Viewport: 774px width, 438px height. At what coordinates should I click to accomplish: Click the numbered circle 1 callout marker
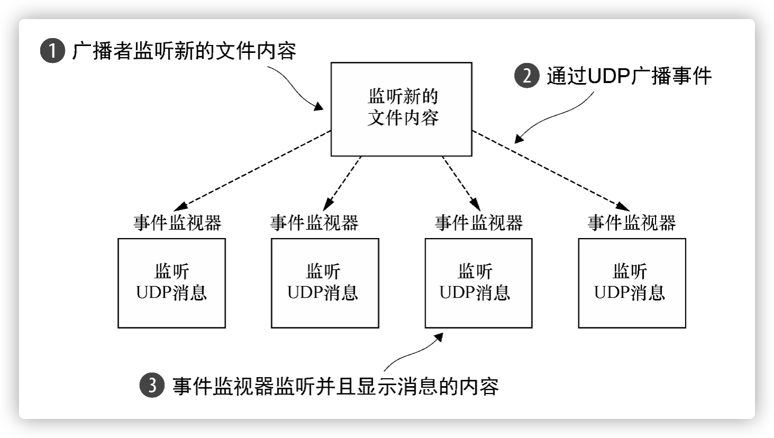point(52,52)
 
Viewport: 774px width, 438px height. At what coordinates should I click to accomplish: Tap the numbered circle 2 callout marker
point(526,76)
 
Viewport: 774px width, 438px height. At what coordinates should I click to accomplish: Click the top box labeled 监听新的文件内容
point(401,109)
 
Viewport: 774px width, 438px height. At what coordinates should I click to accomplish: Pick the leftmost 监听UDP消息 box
point(171,283)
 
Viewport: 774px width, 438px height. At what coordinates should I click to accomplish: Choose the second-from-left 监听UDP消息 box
point(325,283)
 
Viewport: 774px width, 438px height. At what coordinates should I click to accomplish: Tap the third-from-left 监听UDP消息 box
point(478,283)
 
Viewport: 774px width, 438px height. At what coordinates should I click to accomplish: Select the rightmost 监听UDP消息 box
point(632,283)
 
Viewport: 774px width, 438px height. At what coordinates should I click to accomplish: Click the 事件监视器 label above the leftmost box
point(177,223)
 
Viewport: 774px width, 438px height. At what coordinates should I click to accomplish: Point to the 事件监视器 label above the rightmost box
point(632,223)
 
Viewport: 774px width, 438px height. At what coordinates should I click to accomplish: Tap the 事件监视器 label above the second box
point(314,223)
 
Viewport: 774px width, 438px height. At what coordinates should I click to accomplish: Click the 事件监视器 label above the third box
point(478,223)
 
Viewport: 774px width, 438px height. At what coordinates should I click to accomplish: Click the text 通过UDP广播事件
point(629,76)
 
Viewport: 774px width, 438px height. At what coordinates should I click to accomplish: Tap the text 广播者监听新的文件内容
point(184,51)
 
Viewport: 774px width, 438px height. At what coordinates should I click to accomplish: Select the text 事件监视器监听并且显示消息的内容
point(336,386)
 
